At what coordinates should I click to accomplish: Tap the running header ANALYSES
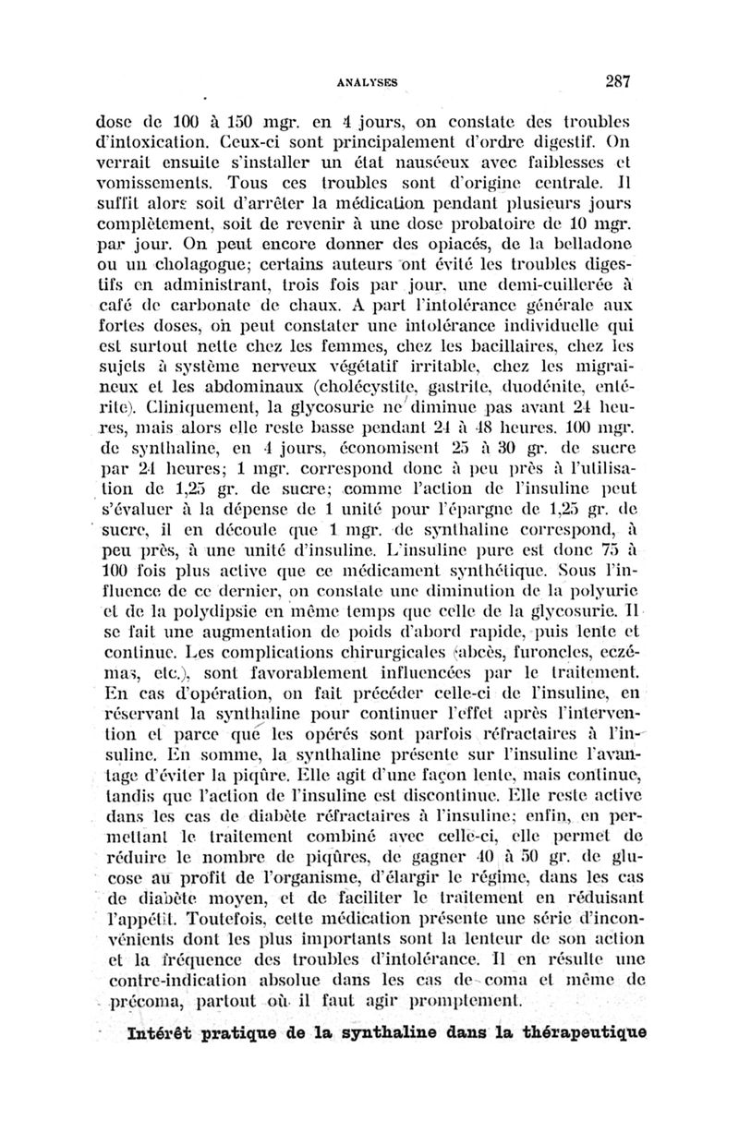366,81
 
